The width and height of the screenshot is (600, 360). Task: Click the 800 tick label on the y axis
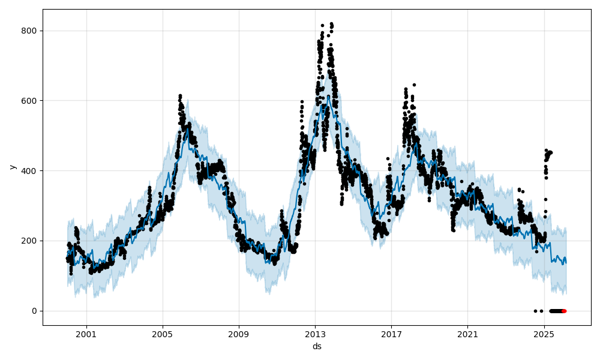click(29, 31)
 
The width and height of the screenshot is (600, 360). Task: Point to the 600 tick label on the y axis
click(29, 101)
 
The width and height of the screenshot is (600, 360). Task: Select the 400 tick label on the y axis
click(29, 170)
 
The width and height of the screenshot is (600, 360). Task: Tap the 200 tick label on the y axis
click(29, 241)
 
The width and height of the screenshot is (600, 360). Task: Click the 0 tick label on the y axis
click(34, 311)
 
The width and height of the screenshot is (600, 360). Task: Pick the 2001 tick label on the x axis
click(86, 335)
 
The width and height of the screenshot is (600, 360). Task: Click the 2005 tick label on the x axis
click(163, 335)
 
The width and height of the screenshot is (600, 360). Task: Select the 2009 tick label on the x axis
click(239, 335)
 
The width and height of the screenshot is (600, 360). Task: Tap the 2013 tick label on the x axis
click(316, 335)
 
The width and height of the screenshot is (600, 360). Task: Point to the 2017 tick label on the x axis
click(392, 335)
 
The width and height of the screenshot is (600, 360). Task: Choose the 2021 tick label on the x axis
click(468, 335)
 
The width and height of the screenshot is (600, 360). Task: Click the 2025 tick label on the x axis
click(544, 335)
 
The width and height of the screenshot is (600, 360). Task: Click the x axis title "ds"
click(317, 346)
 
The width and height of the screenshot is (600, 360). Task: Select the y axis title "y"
click(11, 167)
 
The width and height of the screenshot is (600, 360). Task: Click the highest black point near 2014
click(331, 24)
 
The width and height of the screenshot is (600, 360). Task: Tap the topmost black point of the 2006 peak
click(180, 95)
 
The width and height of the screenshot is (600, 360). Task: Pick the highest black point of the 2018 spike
click(414, 85)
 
